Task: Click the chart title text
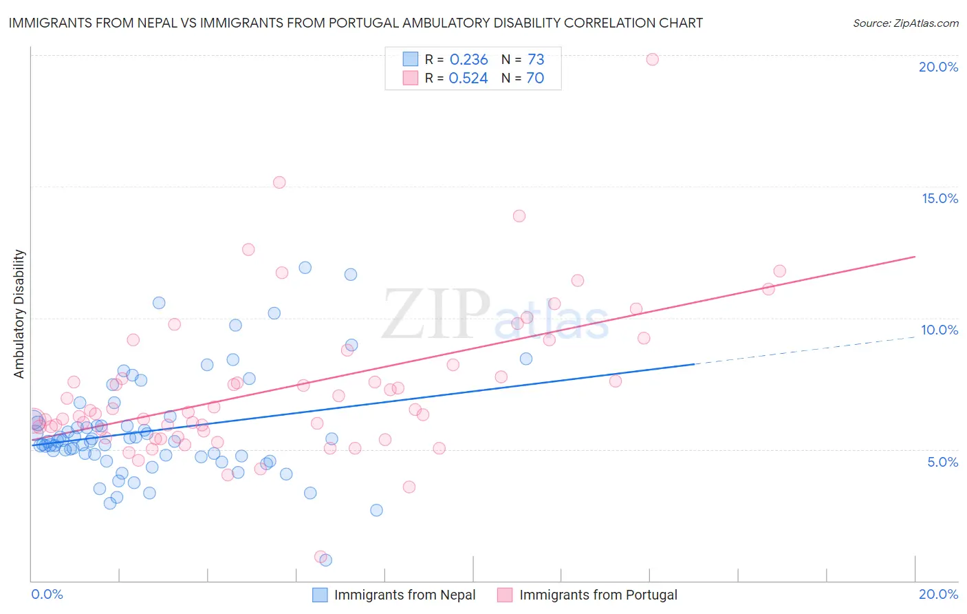[x=356, y=23]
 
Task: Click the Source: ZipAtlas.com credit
[x=905, y=23]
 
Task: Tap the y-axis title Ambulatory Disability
[x=19, y=314]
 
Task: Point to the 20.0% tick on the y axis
[x=938, y=67]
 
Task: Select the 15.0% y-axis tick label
[x=939, y=198]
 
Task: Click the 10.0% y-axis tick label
[x=939, y=330]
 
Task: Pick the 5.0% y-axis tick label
[x=942, y=462]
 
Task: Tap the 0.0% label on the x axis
[x=47, y=594]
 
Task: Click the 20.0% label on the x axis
[x=938, y=594]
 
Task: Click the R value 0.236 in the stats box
[x=468, y=60]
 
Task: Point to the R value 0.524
[x=468, y=78]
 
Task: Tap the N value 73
[x=536, y=60]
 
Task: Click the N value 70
[x=535, y=78]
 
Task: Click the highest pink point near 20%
[x=652, y=59]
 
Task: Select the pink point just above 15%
[x=279, y=182]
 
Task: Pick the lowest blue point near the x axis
[x=326, y=560]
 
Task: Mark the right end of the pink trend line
[x=915, y=257]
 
